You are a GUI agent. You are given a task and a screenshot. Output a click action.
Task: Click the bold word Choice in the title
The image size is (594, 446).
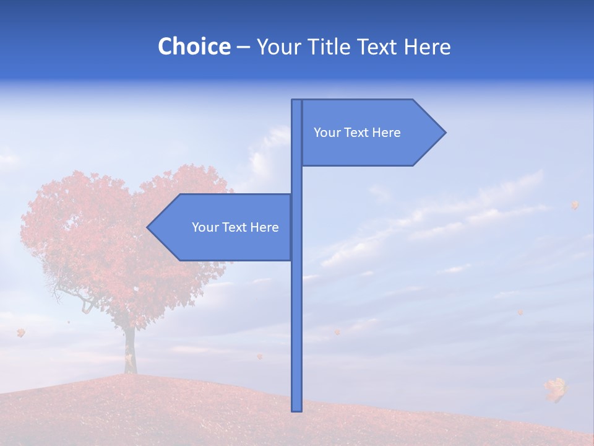(194, 46)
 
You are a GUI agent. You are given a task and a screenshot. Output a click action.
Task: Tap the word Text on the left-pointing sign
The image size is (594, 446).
(235, 227)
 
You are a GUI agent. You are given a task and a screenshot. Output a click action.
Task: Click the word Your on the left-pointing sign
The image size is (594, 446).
(205, 227)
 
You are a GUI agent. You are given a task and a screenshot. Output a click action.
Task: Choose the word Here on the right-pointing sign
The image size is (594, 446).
(387, 133)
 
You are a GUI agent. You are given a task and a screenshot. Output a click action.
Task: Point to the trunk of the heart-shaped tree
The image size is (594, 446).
(129, 350)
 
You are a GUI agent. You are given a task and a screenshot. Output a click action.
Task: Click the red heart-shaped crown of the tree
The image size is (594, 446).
(124, 235)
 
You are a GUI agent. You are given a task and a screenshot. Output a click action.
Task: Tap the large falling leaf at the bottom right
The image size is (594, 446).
(556, 388)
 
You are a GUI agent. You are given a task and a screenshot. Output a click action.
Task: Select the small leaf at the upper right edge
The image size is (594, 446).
(574, 204)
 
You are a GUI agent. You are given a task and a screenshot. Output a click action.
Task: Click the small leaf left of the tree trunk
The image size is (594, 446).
(21, 333)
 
